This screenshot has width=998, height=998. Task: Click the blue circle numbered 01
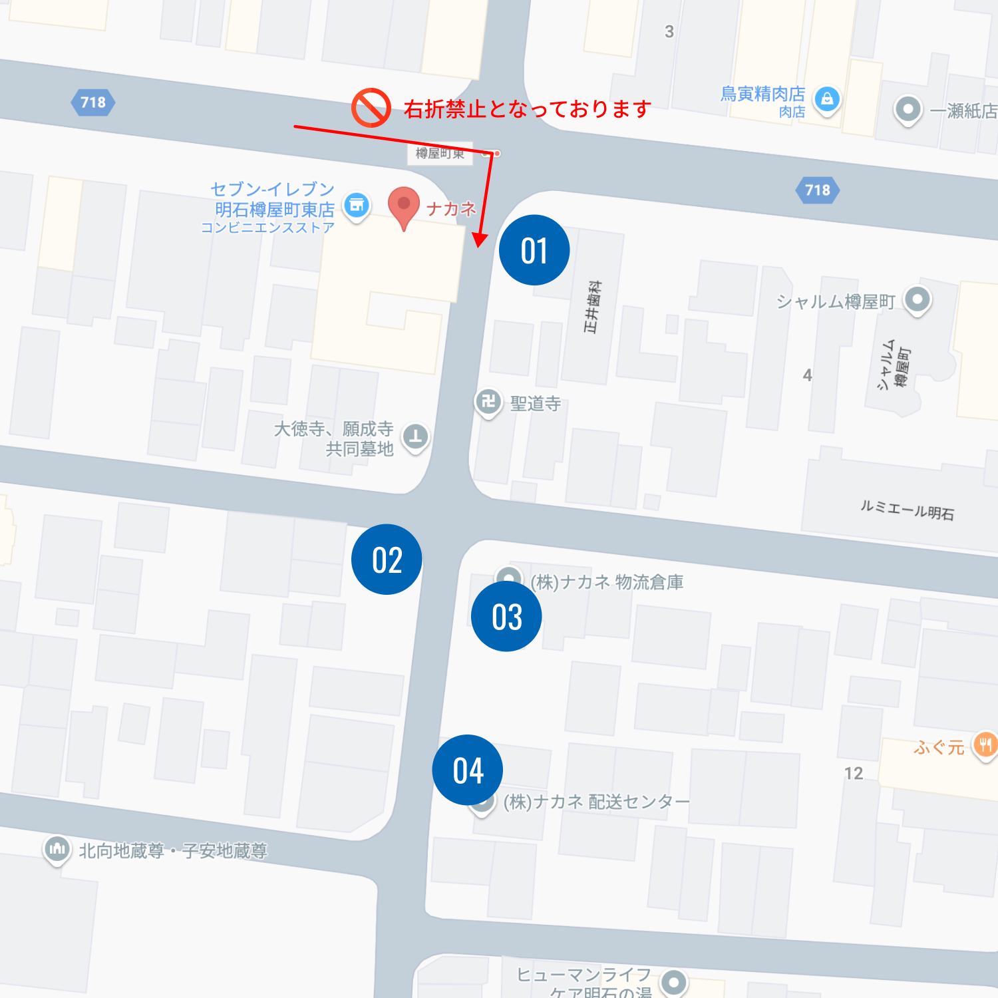pyautogui.click(x=534, y=250)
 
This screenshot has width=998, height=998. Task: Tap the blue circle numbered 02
pyautogui.click(x=387, y=560)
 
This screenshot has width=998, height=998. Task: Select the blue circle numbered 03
pyautogui.click(x=506, y=617)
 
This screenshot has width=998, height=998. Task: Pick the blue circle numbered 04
pyautogui.click(x=468, y=770)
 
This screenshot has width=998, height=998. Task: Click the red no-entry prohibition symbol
pyautogui.click(x=371, y=107)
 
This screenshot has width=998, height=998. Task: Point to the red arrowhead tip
pyautogui.click(x=479, y=245)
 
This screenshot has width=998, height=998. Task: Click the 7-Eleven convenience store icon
pyautogui.click(x=357, y=206)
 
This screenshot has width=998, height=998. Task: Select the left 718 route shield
pyautogui.click(x=93, y=102)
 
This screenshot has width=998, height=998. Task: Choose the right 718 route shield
pyautogui.click(x=818, y=190)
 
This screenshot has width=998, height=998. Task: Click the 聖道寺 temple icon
pyautogui.click(x=488, y=402)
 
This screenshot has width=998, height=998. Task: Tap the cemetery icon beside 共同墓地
pyautogui.click(x=416, y=437)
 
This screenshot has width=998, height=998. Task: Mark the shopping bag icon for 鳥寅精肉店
pyautogui.click(x=827, y=100)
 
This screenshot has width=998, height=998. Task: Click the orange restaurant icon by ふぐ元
pyautogui.click(x=985, y=745)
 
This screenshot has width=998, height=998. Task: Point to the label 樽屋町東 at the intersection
pyautogui.click(x=440, y=154)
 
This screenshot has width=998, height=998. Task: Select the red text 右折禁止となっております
pyautogui.click(x=527, y=108)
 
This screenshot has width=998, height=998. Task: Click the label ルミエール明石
pyautogui.click(x=907, y=510)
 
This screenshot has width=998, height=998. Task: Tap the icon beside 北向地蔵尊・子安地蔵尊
pyautogui.click(x=57, y=849)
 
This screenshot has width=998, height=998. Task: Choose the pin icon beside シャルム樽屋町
pyautogui.click(x=917, y=299)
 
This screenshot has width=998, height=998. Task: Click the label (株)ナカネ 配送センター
pyautogui.click(x=596, y=802)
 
